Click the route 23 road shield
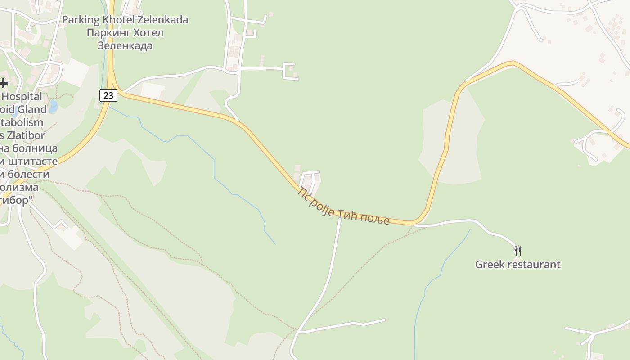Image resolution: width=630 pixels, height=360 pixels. [x=108, y=95]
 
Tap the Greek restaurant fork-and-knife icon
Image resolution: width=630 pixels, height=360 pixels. [x=518, y=251]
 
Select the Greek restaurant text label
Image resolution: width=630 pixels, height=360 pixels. [x=517, y=264]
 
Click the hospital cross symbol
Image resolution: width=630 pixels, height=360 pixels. [x=4, y=83]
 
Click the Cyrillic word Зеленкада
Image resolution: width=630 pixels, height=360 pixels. [x=125, y=45]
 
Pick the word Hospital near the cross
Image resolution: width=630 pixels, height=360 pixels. [x=22, y=96]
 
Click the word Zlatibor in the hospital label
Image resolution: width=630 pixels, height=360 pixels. [x=28, y=135]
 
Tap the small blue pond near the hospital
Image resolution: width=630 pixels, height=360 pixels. [x=53, y=107]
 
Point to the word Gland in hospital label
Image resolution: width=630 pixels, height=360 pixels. [x=31, y=109]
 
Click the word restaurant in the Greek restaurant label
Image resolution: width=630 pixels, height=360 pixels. [x=535, y=264]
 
